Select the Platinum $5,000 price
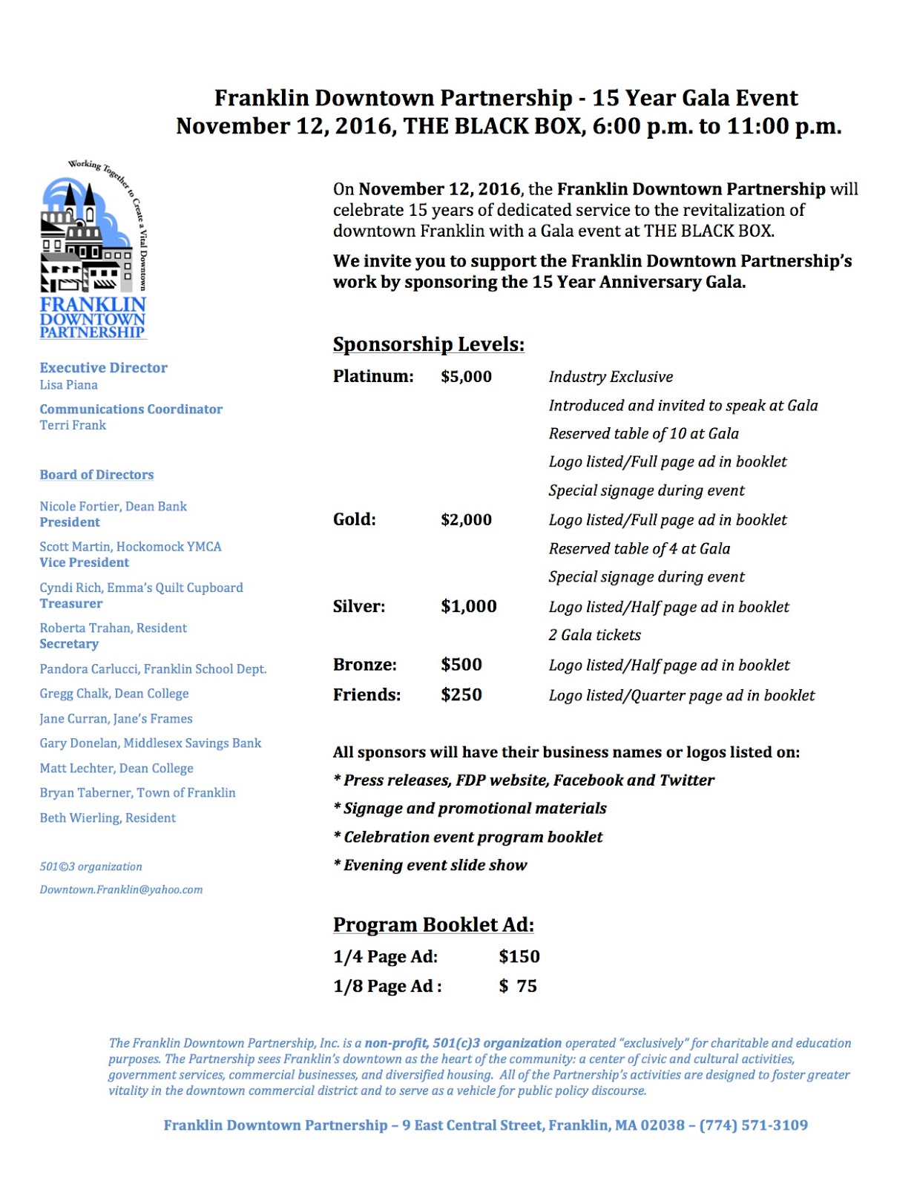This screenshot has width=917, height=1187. point(466,377)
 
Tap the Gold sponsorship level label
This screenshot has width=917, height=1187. point(354,519)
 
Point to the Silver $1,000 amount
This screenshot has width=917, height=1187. point(468,606)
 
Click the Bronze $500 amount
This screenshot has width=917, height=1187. point(461,665)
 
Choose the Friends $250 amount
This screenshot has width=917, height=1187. point(461,695)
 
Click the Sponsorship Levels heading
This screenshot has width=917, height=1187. point(428,345)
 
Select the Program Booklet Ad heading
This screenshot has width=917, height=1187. point(433,925)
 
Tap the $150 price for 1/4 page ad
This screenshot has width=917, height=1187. point(519,957)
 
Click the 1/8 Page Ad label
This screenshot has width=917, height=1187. point(387,987)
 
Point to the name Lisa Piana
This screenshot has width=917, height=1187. point(68,385)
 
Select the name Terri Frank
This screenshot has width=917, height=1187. point(73,425)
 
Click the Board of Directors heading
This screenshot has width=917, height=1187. point(96,475)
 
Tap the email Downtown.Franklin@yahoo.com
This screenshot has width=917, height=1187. point(121,890)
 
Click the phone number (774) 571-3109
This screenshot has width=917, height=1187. point(753,1125)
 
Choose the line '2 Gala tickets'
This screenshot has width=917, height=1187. point(594,635)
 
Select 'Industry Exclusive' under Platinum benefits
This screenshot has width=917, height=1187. point(611,377)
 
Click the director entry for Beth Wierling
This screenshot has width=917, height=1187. point(108,818)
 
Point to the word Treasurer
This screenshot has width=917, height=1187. point(70,604)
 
